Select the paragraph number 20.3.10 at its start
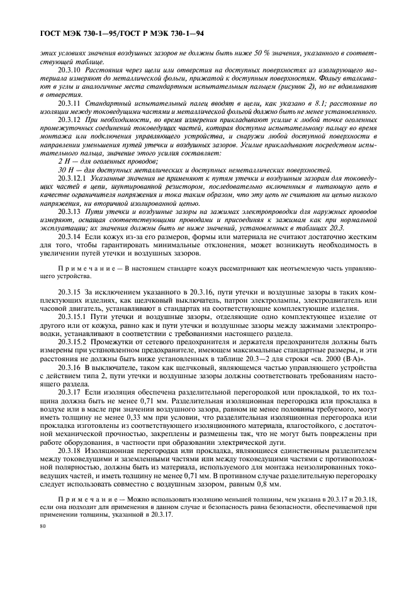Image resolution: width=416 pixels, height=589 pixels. click(x=70, y=70)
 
